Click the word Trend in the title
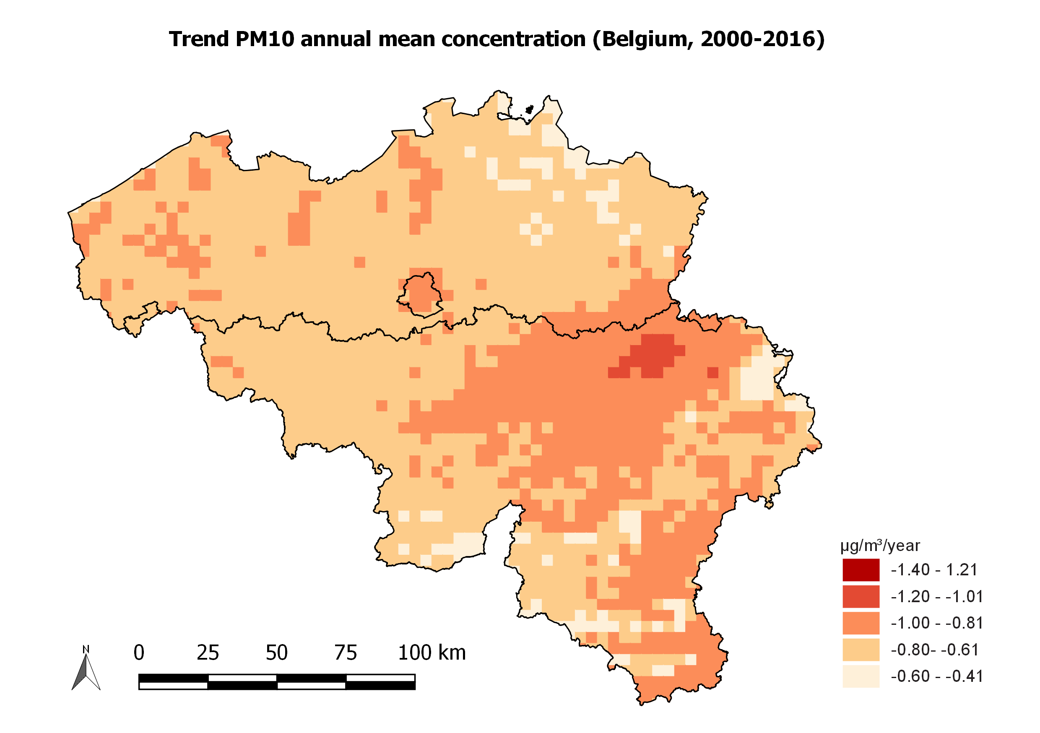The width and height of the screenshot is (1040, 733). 199,39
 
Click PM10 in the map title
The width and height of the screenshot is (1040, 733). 265,39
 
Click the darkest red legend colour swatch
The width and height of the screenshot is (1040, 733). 861,570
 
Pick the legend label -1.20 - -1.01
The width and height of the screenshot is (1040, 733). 936,597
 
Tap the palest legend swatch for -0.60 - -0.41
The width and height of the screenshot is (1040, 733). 861,676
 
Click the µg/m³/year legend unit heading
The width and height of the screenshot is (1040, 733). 880,546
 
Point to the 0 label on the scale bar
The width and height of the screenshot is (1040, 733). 139,653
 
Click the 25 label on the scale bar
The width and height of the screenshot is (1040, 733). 208,653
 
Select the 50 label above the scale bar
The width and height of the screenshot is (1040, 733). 276,653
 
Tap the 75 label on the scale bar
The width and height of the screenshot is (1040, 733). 346,653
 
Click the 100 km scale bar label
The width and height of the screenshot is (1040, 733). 431,653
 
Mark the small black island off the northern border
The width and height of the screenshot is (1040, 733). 529,109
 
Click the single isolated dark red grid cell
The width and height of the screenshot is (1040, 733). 712,372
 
